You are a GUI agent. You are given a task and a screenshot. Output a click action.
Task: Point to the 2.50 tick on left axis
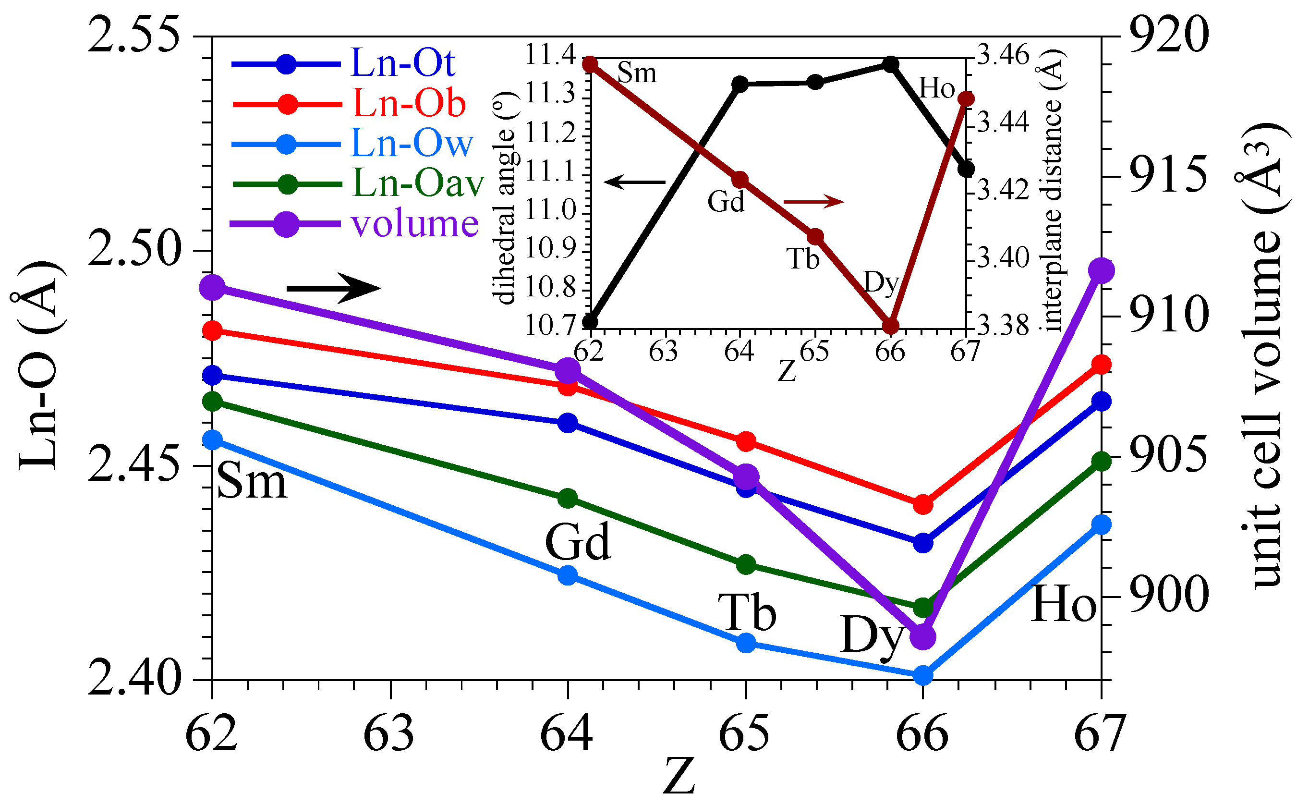[133, 251]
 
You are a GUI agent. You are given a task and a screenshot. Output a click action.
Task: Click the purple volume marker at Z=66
[922, 637]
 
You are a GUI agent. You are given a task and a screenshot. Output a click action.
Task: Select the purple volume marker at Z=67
[1101, 271]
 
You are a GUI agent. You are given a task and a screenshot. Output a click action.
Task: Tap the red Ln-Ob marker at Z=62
[213, 331]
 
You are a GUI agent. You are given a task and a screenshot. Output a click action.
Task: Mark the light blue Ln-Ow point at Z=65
[746, 643]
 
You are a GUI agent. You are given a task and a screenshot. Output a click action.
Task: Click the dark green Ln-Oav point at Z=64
[568, 499]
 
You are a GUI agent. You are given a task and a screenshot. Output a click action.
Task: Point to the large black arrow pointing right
[334, 289]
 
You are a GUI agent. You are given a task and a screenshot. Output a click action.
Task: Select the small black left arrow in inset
[634, 182]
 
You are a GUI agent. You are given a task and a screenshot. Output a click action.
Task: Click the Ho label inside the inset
[936, 88]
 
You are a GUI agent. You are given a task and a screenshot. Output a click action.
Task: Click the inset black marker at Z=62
[590, 322]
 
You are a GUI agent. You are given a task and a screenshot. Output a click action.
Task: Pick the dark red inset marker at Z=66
[890, 326]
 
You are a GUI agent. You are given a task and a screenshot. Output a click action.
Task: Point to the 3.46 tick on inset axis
[1004, 55]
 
